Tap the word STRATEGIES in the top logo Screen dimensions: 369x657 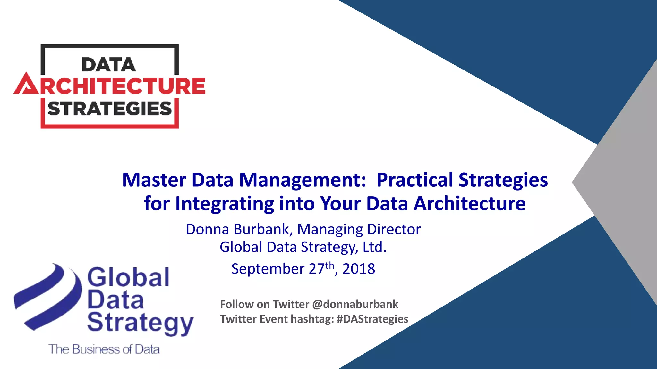tap(110, 109)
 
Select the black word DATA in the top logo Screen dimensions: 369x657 tap(109, 65)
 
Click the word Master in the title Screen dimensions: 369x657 tap(154, 180)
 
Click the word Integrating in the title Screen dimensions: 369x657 tap(224, 204)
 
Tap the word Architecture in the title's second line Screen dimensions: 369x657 tap(470, 204)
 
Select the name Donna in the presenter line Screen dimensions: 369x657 tap(207, 229)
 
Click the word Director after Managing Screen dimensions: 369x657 tap(394, 229)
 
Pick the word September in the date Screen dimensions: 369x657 tap(268, 269)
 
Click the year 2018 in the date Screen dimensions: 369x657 tap(359, 269)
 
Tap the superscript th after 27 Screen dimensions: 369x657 tap(329, 266)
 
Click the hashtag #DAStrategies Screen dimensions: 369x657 tap(372, 319)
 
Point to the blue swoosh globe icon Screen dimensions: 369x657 tap(48, 296)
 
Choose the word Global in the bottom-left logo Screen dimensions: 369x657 tap(128, 277)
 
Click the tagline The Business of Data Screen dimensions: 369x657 tap(104, 349)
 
